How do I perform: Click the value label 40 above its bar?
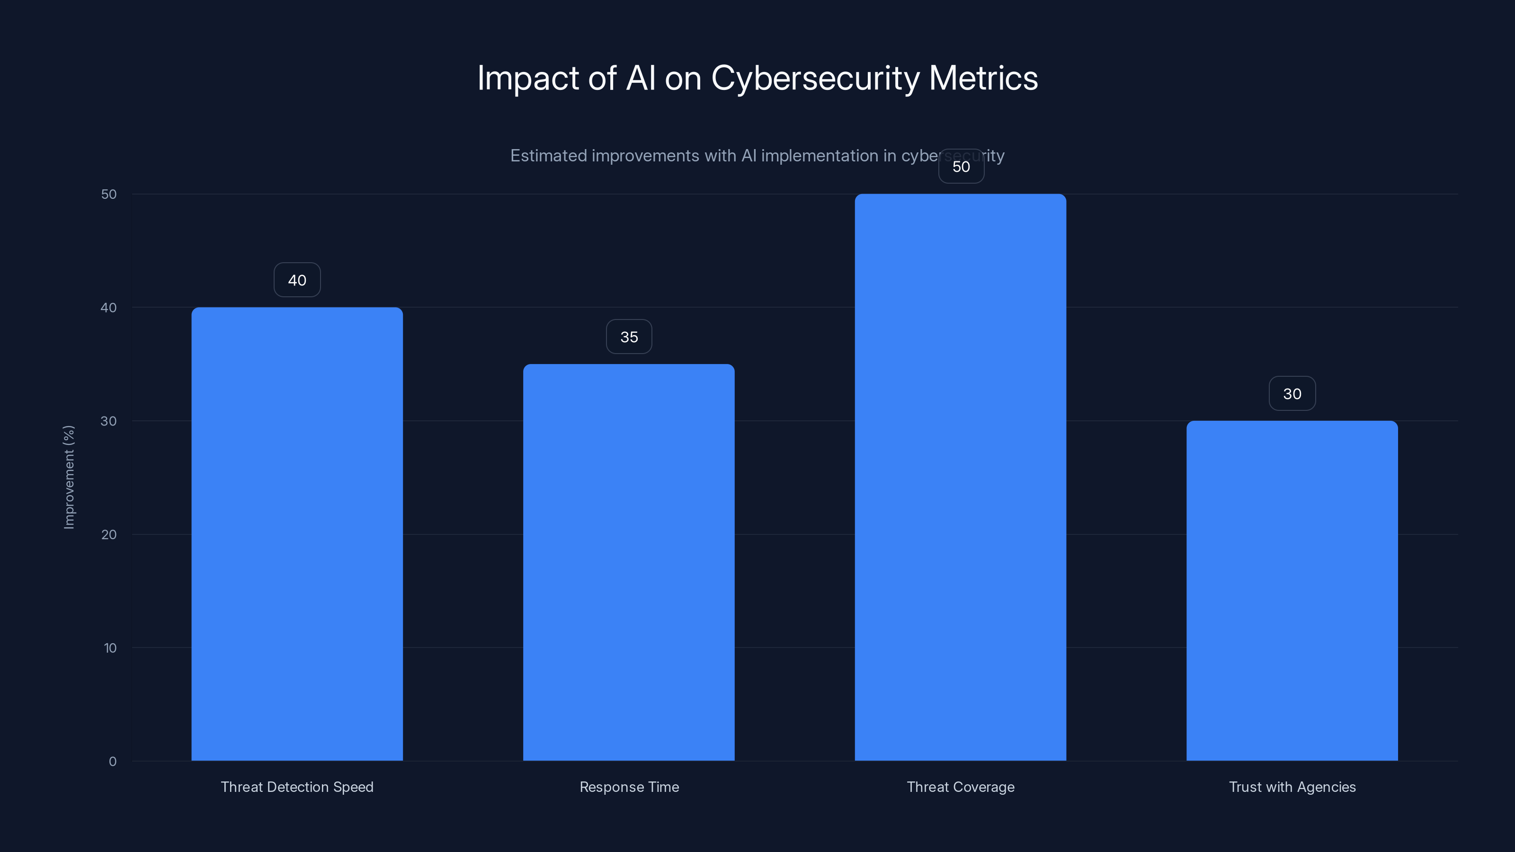click(297, 280)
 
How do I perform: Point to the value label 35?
click(629, 337)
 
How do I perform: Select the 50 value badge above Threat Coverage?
click(961, 167)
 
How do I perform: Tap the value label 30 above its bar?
click(1292, 394)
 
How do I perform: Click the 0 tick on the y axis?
click(112, 762)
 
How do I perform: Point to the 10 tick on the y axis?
click(110, 648)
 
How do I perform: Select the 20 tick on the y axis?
click(109, 534)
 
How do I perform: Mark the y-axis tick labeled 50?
click(109, 194)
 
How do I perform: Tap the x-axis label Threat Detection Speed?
click(297, 787)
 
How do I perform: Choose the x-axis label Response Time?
click(629, 787)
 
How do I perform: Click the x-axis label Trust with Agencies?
click(1292, 787)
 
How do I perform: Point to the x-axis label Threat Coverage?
click(961, 787)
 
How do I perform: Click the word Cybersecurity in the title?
click(815, 79)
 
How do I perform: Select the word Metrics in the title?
click(983, 78)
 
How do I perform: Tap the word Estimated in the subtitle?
click(548, 156)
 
